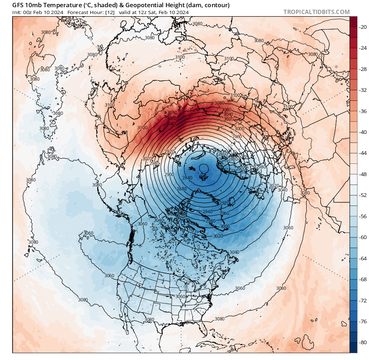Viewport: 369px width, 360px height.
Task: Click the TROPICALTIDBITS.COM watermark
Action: [x=316, y=12]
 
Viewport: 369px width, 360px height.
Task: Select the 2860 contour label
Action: [x=223, y=154]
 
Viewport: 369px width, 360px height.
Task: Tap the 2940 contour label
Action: [x=208, y=211]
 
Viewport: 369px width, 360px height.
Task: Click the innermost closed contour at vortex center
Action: [x=204, y=168]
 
